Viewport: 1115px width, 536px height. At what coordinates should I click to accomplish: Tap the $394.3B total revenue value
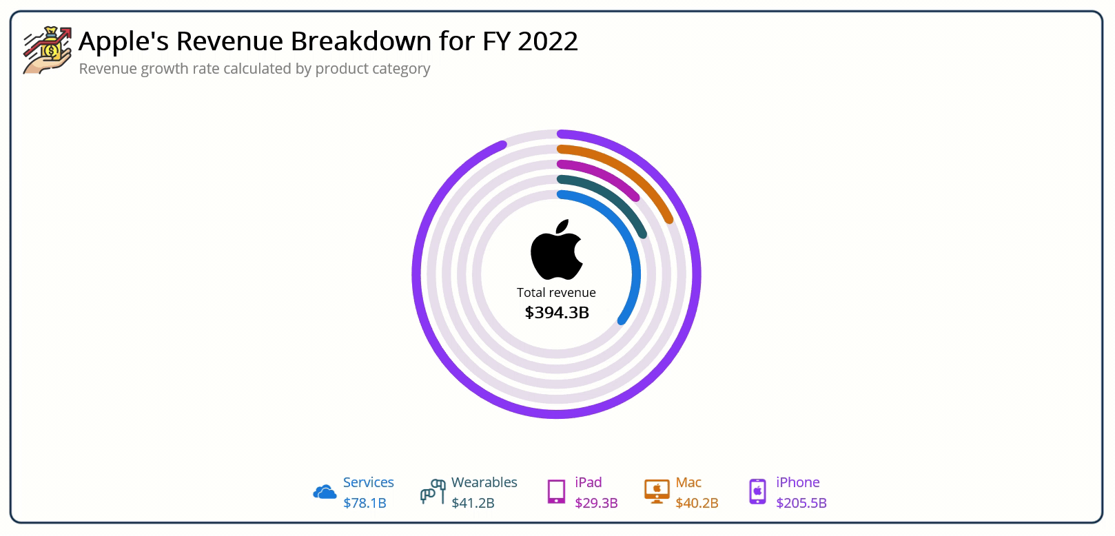point(557,313)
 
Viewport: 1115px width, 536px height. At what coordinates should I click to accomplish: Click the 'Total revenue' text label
point(557,293)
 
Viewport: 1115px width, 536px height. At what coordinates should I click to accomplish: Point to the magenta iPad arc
point(606,176)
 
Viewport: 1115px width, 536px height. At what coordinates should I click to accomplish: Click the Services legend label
point(369,482)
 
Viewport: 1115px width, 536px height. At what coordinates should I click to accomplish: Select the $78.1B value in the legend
point(365,503)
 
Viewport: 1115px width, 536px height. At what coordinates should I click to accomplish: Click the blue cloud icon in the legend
point(325,492)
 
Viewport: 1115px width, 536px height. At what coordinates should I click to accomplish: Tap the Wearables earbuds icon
point(433,492)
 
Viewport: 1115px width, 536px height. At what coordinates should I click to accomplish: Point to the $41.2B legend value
point(473,503)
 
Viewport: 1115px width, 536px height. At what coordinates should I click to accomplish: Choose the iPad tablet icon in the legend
point(556,492)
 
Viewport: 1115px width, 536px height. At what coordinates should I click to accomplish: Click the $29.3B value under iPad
point(597,503)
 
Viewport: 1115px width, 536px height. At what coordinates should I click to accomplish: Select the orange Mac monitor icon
point(657,492)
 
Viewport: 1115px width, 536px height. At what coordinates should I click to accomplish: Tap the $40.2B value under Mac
point(697,503)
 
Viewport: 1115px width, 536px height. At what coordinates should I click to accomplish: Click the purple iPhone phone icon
point(757,492)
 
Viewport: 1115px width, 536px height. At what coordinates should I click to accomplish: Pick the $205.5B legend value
point(801,503)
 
